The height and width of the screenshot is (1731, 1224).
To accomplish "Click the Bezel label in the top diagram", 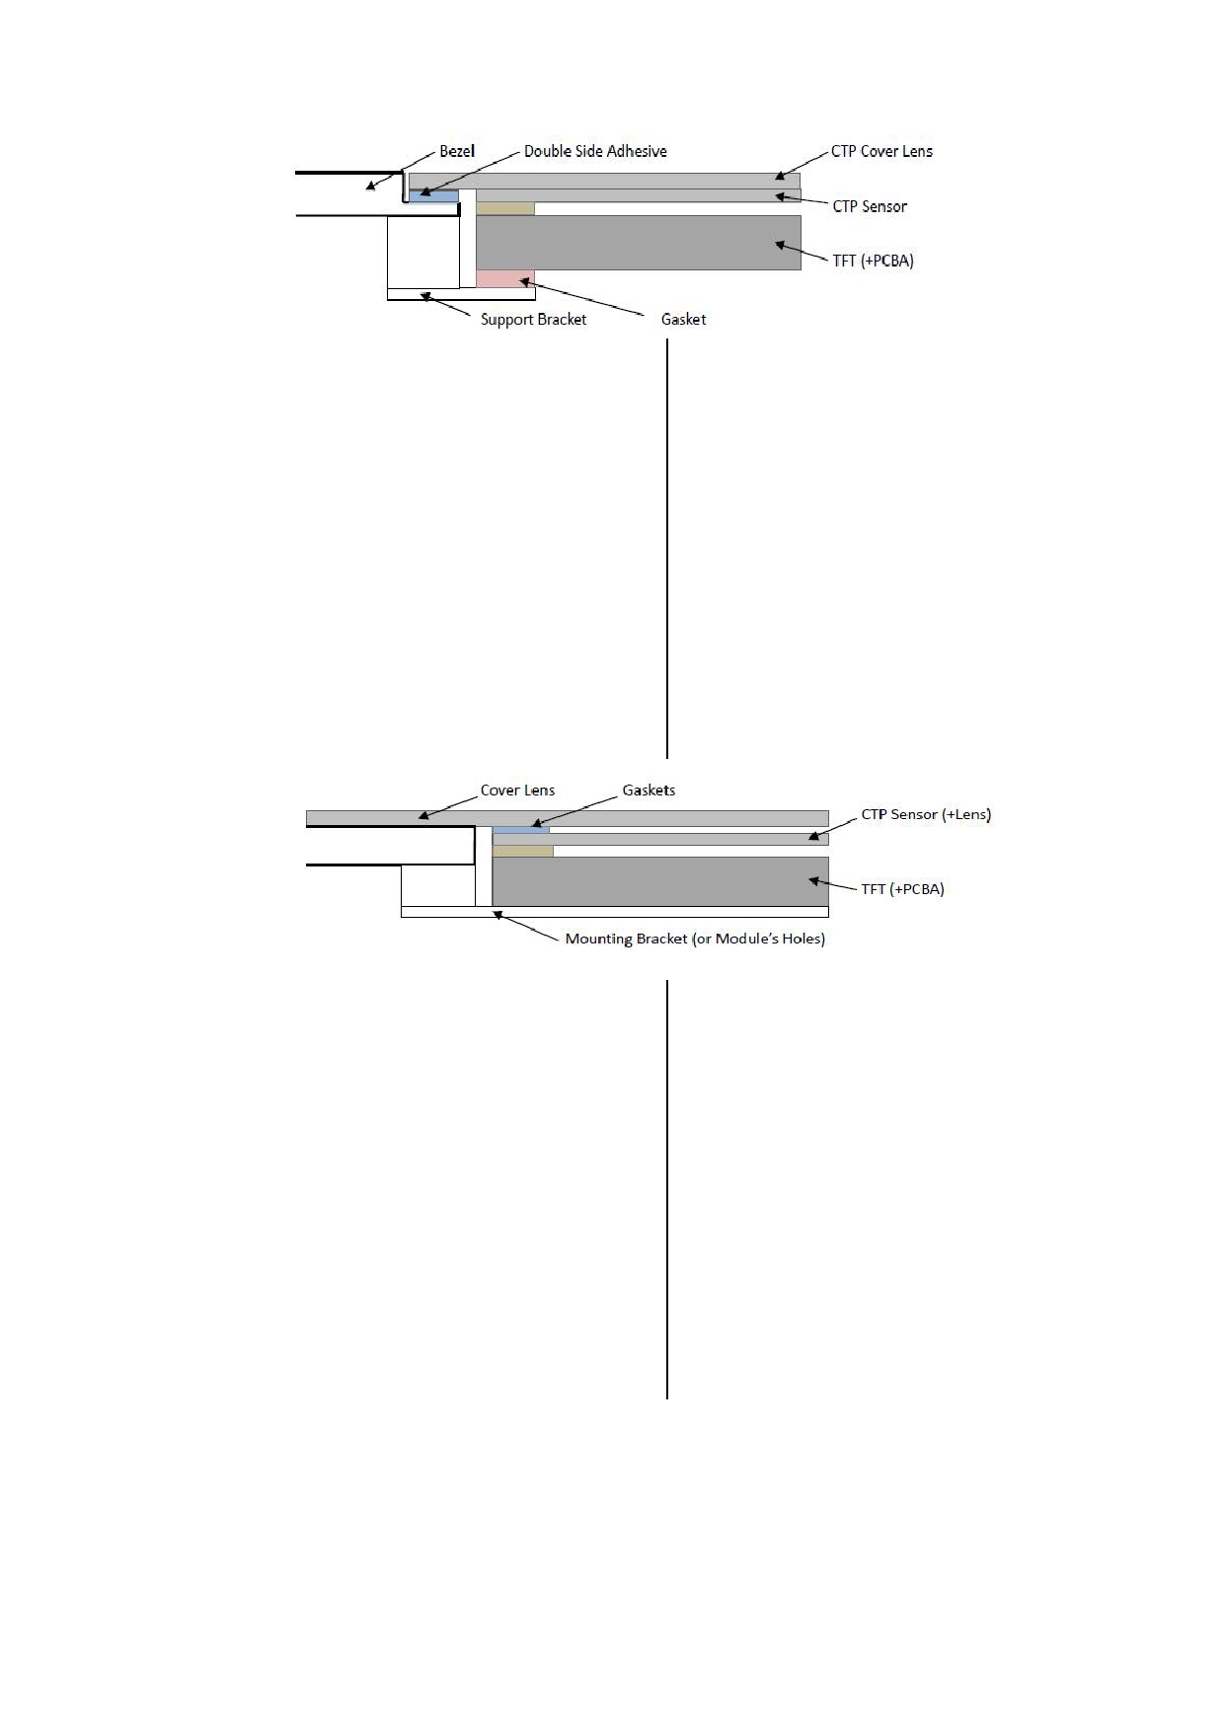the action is pos(457,151).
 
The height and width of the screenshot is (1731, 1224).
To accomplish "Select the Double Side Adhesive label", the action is pos(595,151).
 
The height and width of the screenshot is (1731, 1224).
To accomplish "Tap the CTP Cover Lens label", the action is pos(881,151).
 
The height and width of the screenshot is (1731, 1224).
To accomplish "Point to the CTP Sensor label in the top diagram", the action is pos(870,206).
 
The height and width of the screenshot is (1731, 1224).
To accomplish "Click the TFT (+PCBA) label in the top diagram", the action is pos(874,262).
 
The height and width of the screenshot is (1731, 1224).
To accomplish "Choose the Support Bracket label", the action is pos(533,320).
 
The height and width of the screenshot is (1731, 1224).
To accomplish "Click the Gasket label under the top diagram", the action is pos(683,320).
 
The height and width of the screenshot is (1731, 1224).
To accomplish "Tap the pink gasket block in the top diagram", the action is pos(505,279).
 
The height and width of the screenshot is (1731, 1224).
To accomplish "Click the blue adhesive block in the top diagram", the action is pos(434,196).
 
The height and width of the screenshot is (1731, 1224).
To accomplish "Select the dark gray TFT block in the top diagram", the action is pos(639,243).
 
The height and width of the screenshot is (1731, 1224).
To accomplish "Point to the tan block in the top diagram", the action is pos(505,208).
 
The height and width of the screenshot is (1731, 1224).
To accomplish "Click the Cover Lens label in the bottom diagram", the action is pos(517,790).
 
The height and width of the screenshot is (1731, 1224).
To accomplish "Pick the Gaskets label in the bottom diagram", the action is pos(649,790).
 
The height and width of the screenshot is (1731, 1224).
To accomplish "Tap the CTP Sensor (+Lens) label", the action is pos(926,815).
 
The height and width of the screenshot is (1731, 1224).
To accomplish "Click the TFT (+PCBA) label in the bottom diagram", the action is pos(902,889).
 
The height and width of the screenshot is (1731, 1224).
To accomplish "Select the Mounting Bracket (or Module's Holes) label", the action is pos(695,939).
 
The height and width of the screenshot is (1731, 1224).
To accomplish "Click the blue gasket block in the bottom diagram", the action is pos(521,830).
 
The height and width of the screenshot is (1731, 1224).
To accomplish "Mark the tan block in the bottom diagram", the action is pos(523,851).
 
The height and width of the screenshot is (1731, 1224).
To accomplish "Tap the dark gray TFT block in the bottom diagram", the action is pos(660,881).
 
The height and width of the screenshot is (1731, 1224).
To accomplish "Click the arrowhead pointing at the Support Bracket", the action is pos(425,295).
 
